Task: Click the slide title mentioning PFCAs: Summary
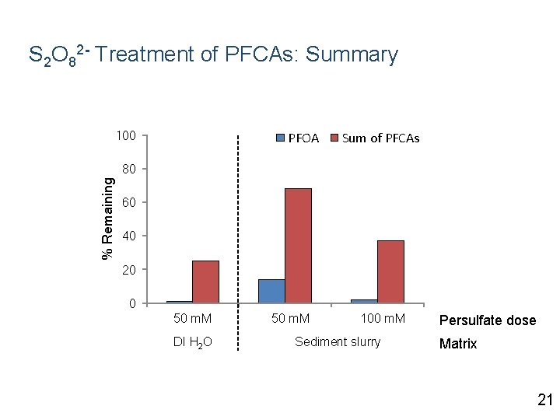click(x=213, y=55)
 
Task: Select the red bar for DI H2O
click(x=205, y=282)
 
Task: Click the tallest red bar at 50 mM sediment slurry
click(x=298, y=245)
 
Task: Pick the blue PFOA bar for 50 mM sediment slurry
click(x=271, y=291)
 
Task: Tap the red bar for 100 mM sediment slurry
click(x=390, y=271)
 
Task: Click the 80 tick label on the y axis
click(x=128, y=169)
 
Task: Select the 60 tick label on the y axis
click(x=128, y=202)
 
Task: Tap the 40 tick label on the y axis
click(x=128, y=236)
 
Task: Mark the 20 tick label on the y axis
click(x=128, y=270)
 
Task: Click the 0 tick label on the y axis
click(x=132, y=303)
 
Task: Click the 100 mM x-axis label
click(x=383, y=319)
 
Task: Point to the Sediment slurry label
click(x=338, y=342)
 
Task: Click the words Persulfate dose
click(x=488, y=320)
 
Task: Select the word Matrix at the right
click(x=458, y=344)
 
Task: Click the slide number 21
click(x=544, y=401)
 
